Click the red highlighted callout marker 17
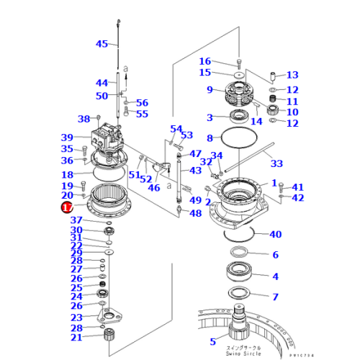pyautogui.click(x=66, y=207)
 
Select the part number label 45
pyautogui.click(x=102, y=44)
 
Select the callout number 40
pyautogui.click(x=274, y=234)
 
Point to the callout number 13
pyautogui.click(x=292, y=75)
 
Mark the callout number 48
pyautogui.click(x=195, y=213)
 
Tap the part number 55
pyautogui.click(x=142, y=114)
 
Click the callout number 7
pyautogui.click(x=274, y=297)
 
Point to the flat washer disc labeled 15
pyautogui.click(x=238, y=73)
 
